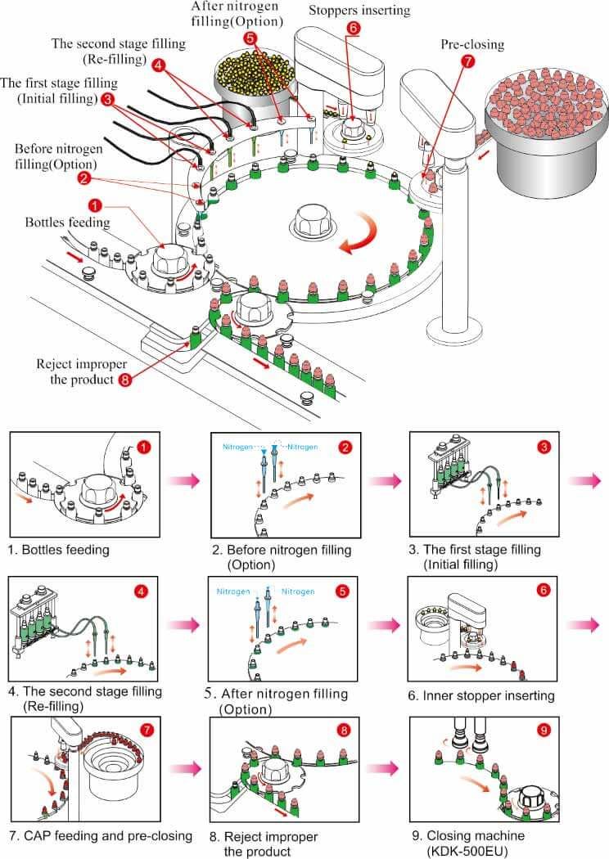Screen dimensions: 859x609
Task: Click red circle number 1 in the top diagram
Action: (96, 206)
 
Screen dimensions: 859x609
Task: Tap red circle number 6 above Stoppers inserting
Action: (353, 27)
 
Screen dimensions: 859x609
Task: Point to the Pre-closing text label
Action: (472, 43)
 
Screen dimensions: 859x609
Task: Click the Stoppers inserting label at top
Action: (359, 11)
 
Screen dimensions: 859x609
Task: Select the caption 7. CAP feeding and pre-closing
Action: (101, 836)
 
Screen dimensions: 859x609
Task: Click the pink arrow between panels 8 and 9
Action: (384, 768)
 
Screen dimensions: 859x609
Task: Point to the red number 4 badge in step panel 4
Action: (142, 588)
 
